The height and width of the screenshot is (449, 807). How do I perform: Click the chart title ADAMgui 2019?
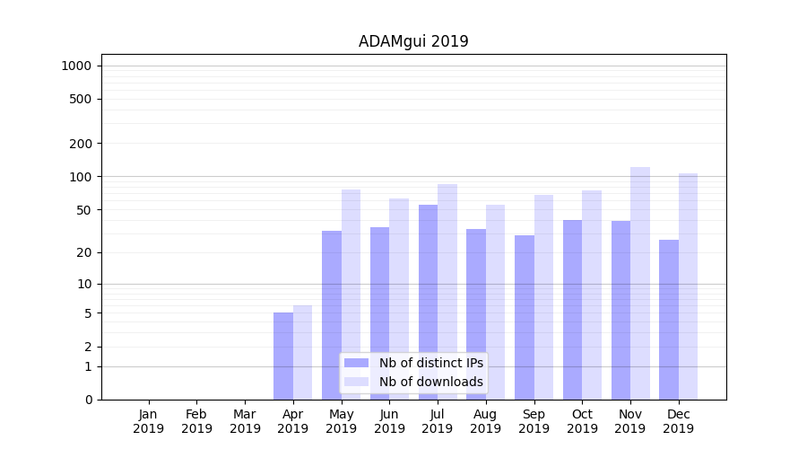click(x=413, y=41)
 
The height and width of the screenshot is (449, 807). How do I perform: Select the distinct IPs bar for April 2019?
click(x=283, y=356)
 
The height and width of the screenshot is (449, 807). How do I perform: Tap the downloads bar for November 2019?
click(x=640, y=283)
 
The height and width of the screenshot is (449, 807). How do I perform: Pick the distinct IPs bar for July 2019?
click(x=428, y=302)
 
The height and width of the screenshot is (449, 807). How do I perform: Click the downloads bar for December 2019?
click(x=688, y=286)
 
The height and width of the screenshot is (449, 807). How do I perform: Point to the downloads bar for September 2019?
click(x=543, y=296)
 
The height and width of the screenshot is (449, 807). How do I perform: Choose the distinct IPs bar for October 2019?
click(x=572, y=309)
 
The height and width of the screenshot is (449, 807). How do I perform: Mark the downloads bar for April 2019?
click(x=303, y=352)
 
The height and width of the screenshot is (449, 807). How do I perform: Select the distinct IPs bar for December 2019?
click(x=669, y=319)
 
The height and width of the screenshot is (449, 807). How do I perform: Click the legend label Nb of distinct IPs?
click(x=430, y=363)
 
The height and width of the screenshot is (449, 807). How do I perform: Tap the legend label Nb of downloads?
click(x=430, y=382)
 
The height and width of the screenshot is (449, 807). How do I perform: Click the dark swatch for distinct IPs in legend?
click(x=356, y=363)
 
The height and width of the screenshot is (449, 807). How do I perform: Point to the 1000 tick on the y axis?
click(x=76, y=66)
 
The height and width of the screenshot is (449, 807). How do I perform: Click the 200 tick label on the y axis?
click(x=82, y=144)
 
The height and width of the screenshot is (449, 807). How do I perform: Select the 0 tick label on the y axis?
click(x=88, y=400)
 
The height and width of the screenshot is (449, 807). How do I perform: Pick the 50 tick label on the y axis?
click(x=84, y=210)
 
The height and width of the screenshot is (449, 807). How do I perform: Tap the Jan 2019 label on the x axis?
click(x=149, y=421)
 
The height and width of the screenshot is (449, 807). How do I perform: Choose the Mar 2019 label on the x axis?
click(x=245, y=421)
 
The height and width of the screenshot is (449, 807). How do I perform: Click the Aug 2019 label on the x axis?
click(x=486, y=421)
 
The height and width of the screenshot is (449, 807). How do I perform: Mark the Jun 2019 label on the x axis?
click(x=389, y=421)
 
